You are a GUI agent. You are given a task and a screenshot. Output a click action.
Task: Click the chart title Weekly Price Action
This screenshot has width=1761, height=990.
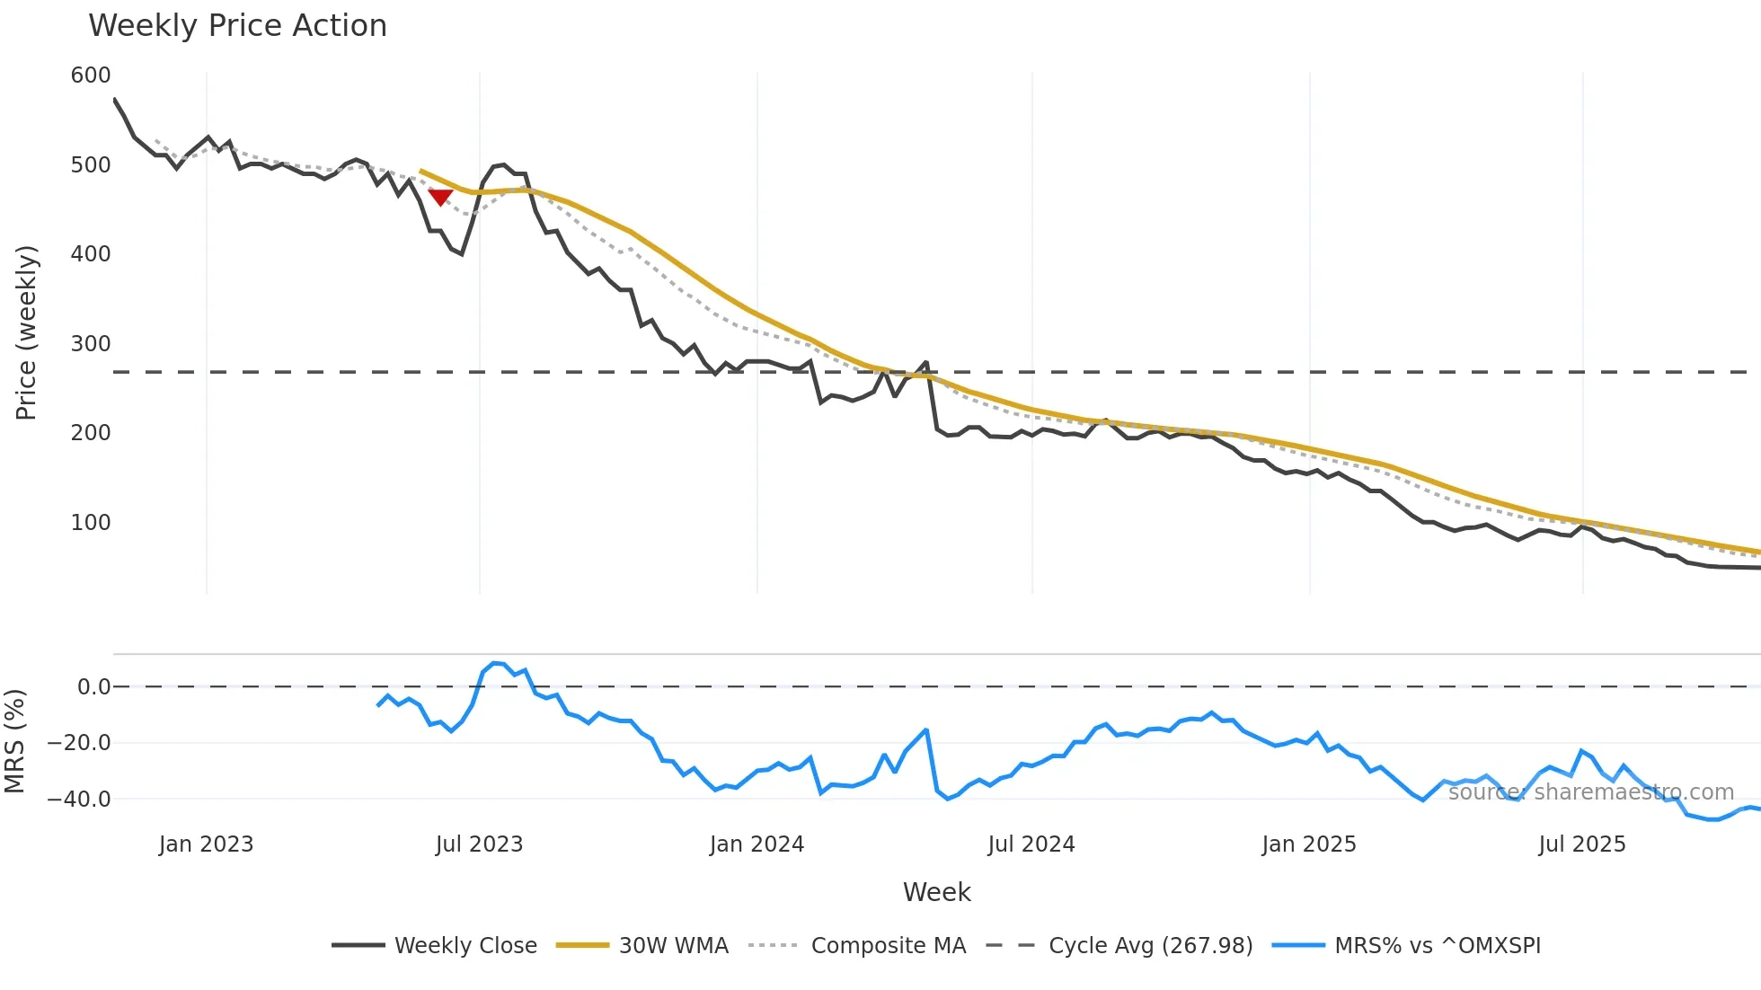[237, 26]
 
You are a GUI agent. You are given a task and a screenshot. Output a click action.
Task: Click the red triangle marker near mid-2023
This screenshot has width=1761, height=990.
[440, 197]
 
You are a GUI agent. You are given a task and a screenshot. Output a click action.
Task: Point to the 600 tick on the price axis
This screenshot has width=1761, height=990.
[91, 75]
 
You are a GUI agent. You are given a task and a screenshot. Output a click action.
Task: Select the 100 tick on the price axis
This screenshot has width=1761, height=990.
[91, 522]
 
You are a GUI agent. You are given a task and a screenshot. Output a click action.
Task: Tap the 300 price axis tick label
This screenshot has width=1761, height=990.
[91, 343]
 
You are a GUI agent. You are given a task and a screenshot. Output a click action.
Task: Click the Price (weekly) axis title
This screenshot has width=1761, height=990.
[27, 332]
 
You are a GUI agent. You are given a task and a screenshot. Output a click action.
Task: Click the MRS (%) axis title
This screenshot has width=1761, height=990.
[15, 741]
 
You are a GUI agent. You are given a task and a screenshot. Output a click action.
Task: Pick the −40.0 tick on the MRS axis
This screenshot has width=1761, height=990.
[79, 799]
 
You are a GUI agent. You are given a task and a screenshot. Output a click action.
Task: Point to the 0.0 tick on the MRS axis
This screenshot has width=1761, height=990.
[93, 687]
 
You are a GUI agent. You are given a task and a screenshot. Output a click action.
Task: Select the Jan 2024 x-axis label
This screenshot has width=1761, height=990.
[757, 844]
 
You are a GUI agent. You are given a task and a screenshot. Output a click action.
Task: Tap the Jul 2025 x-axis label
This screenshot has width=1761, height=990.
[1581, 844]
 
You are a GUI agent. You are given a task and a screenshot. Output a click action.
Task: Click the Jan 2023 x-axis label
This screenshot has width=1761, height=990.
[206, 844]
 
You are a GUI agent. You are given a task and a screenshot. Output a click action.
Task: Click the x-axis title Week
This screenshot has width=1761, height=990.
[936, 892]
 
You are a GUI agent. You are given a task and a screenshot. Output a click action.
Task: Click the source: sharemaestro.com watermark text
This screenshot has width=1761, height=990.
[1590, 792]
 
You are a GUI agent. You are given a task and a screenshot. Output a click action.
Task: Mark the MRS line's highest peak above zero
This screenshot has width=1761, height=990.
[494, 663]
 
